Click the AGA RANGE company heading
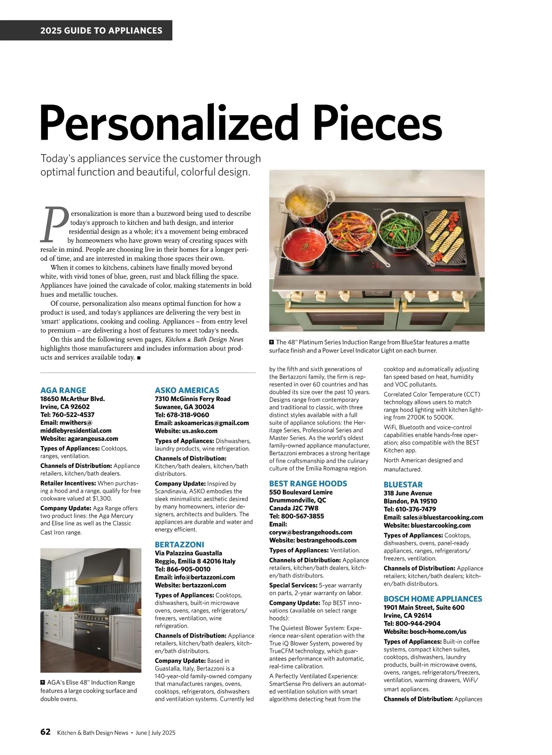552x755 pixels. coord(63,390)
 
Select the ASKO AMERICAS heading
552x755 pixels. coord(187,390)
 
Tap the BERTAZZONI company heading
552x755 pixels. coord(179,544)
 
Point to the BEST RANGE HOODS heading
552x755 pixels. coord(308,484)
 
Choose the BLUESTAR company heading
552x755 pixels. coord(403,485)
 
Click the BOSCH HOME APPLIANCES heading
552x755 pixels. coord(432,599)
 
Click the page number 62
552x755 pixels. coord(46,732)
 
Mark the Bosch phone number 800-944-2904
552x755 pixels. coord(412,623)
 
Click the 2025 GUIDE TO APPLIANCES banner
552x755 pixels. coord(101,31)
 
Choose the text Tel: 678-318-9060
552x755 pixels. coord(182,415)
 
